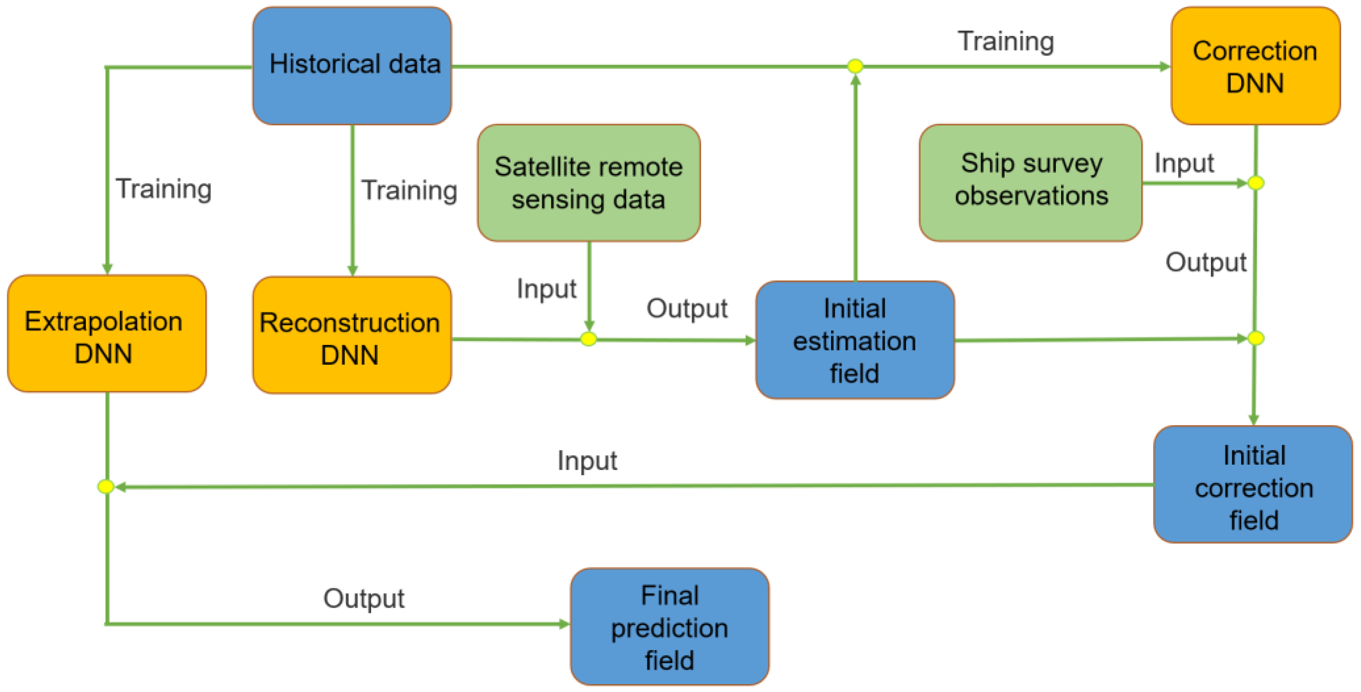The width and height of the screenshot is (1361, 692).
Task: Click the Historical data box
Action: coord(352,66)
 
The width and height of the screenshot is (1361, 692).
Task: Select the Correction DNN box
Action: coord(1256,66)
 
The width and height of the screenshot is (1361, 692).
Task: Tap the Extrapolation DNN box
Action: coord(107,334)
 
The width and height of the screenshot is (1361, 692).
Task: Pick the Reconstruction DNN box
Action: coord(352,335)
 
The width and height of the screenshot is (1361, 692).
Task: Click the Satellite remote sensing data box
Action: coord(589,183)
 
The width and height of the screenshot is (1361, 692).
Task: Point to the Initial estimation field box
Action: coord(855,340)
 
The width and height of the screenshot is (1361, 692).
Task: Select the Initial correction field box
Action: coord(1253,485)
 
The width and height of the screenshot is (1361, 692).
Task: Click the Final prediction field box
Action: coord(670,627)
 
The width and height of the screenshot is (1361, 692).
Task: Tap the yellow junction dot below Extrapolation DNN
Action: coord(106,486)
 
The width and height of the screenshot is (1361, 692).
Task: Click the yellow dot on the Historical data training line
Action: coord(856,66)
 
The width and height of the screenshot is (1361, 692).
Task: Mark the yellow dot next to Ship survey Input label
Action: coord(1256,183)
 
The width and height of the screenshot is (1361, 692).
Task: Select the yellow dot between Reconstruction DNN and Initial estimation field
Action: coord(589,339)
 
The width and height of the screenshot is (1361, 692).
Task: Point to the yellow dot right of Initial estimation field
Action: coord(1256,338)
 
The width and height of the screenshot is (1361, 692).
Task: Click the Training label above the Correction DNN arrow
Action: coord(1006,41)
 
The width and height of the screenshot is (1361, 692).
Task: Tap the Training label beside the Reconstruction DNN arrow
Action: coord(409,191)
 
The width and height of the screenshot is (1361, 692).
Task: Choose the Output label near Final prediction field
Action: coord(364,599)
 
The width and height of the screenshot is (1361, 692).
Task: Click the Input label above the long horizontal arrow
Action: coord(587,461)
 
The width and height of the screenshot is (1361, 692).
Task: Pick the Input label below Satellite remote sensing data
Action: coord(546,289)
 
